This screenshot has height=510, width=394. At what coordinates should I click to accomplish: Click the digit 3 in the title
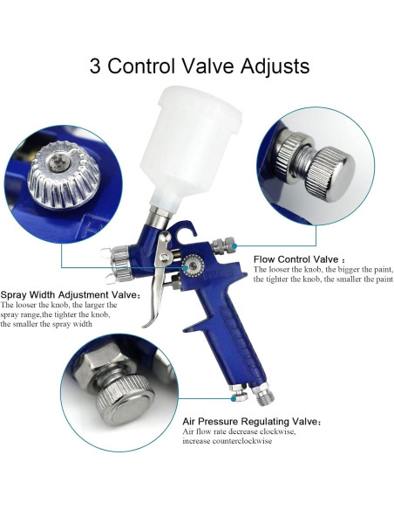pos(96,66)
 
